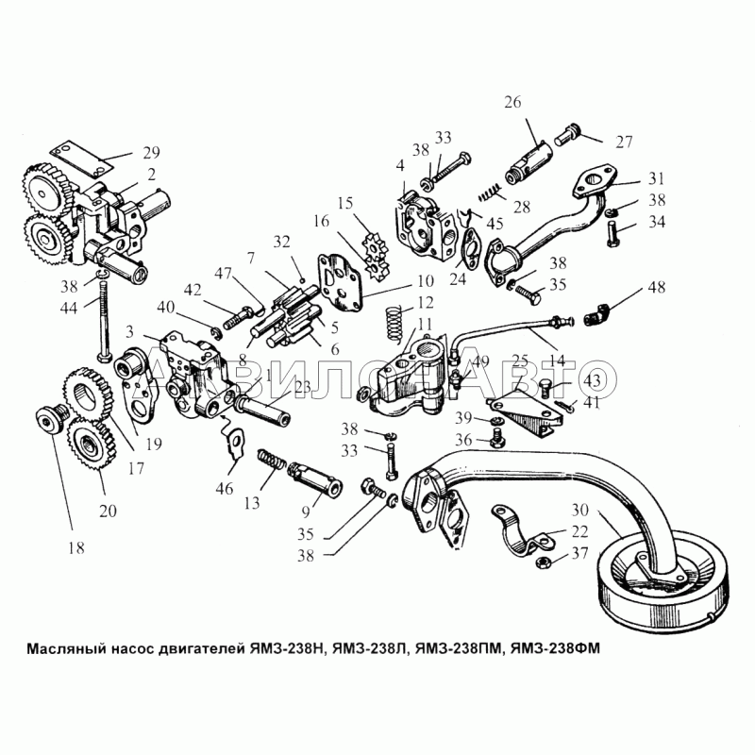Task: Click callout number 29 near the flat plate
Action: [151, 153]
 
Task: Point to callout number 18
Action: [74, 547]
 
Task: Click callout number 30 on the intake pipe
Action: [607, 510]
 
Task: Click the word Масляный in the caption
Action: [59, 648]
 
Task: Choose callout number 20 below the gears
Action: [108, 511]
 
